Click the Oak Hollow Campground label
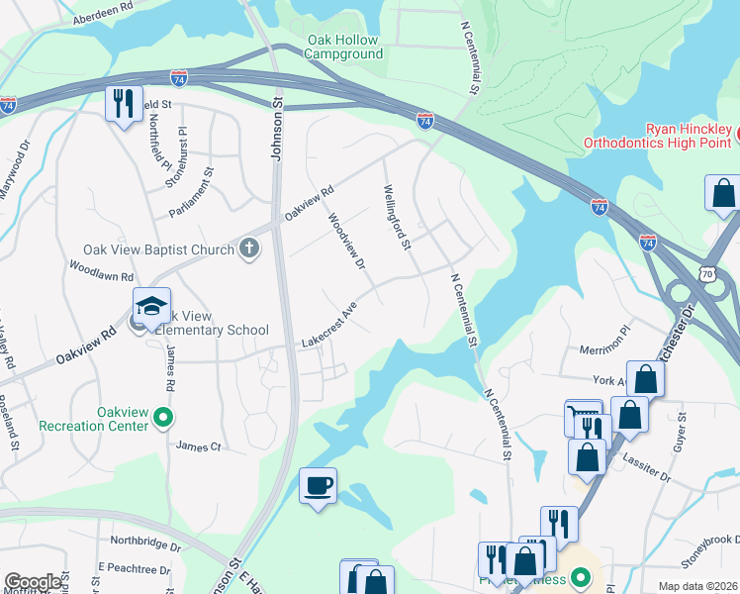tap(343, 47)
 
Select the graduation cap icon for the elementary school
tap(151, 306)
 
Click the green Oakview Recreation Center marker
tap(164, 419)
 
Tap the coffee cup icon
tap(318, 485)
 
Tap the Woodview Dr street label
tap(347, 243)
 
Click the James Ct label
tap(198, 446)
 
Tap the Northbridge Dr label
tap(145, 543)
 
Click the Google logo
tap(33, 581)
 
